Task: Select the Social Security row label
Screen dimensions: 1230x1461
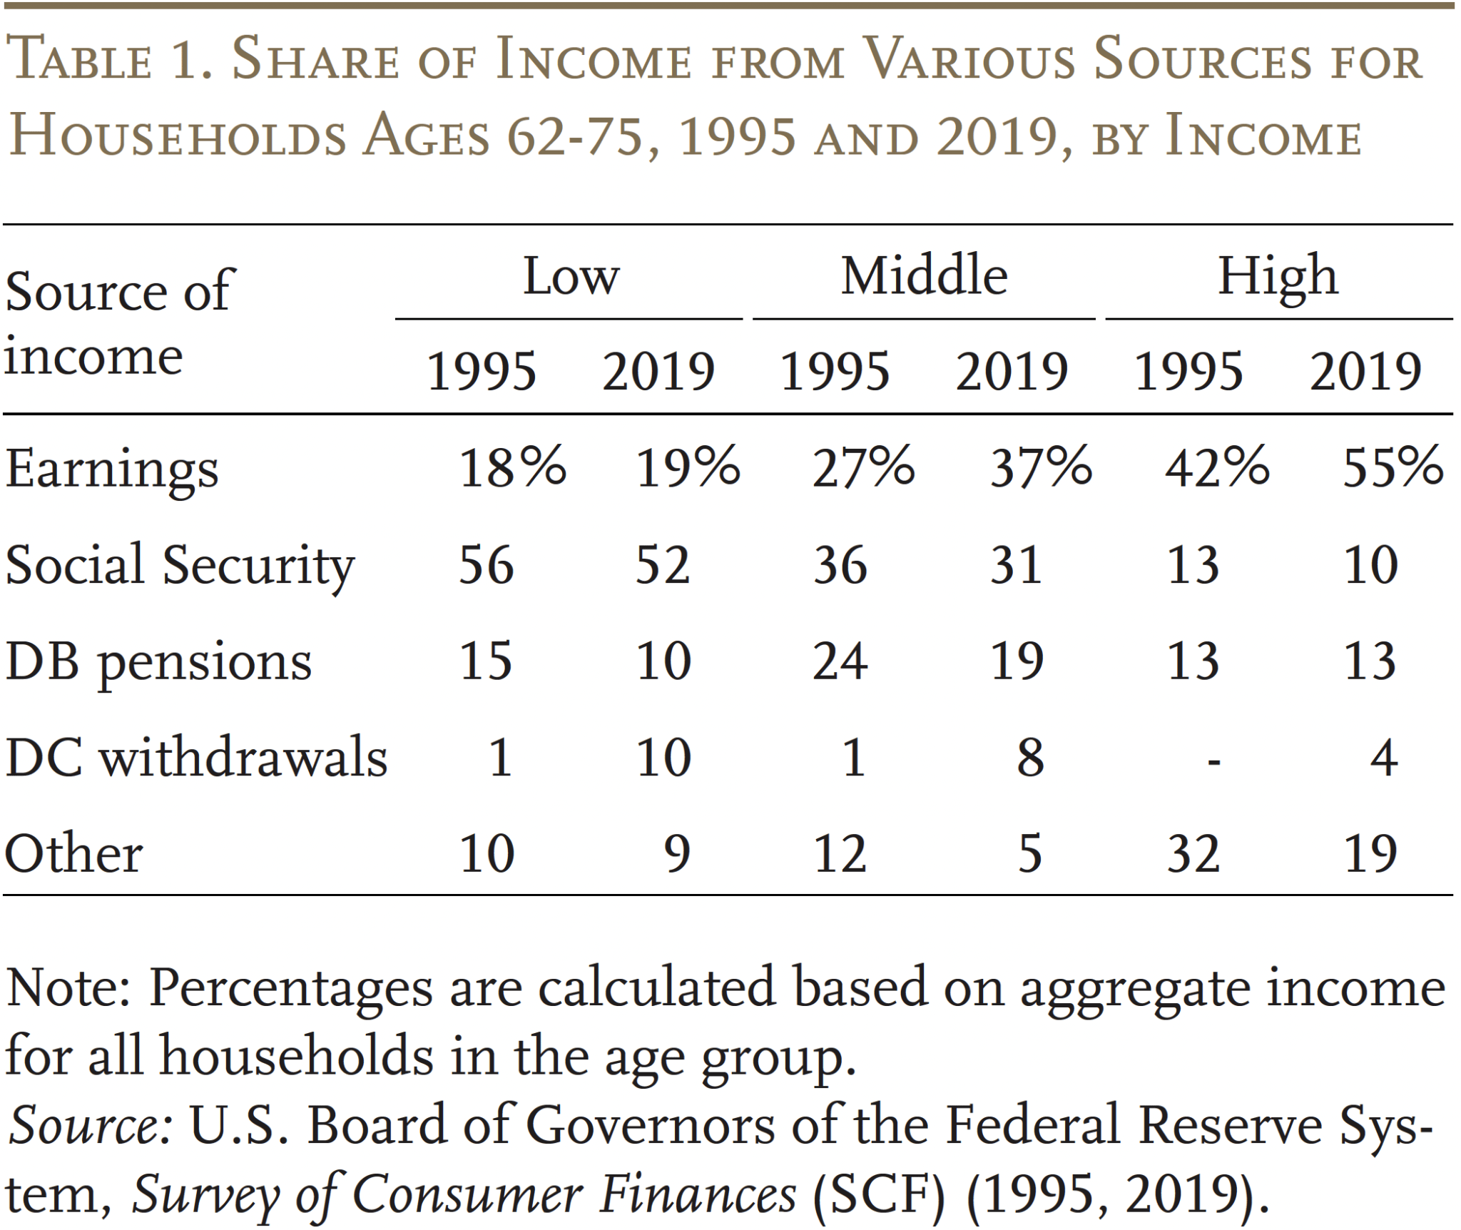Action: [x=180, y=566]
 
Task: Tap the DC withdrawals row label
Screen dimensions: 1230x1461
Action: [x=196, y=758]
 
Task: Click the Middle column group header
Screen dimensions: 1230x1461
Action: [x=924, y=276]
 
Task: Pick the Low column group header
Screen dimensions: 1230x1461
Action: [x=571, y=277]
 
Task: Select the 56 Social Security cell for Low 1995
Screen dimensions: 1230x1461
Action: [x=486, y=565]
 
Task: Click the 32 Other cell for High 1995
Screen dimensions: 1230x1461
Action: [x=1193, y=853]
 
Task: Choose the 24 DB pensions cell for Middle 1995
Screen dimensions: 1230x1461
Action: [x=840, y=661]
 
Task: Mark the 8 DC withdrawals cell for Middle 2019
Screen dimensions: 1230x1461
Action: [x=1030, y=758]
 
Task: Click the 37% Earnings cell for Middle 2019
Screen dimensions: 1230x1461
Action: [x=1040, y=468]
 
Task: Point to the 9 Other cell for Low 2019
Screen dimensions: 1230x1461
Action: [x=677, y=853]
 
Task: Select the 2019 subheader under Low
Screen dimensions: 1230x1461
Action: [x=658, y=372]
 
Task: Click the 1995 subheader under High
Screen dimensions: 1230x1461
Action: [x=1188, y=372]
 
